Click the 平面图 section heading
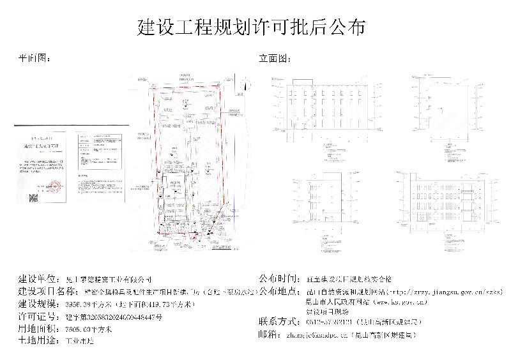(33, 58)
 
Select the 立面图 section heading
(274, 58)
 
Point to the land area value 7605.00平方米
(89, 329)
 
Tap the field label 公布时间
(278, 280)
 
